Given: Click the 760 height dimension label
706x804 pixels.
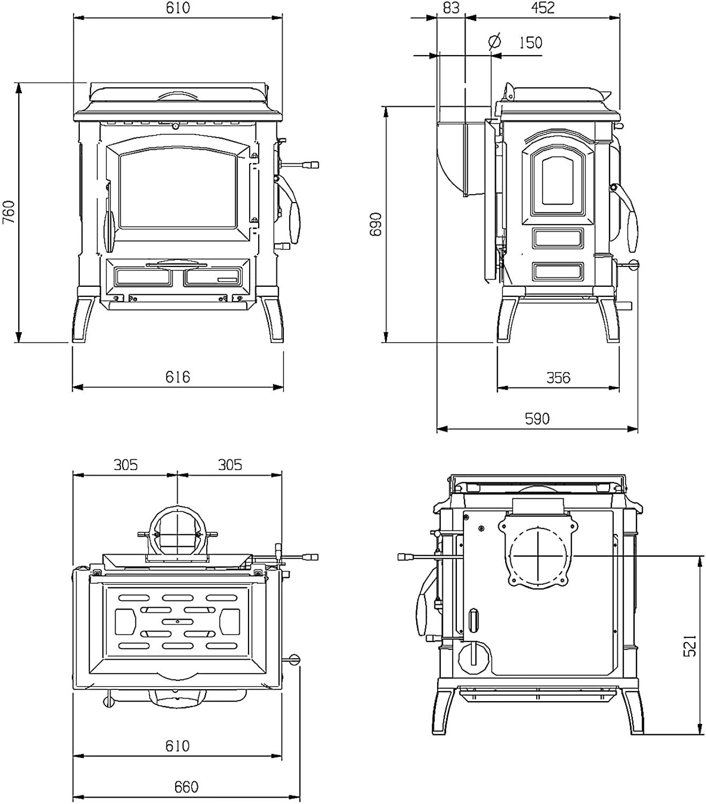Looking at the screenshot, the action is (x=9, y=212).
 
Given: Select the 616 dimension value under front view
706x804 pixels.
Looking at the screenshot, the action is (x=178, y=377).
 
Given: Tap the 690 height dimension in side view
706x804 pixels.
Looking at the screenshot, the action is (x=375, y=224).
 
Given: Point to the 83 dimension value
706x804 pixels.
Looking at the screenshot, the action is (x=451, y=8).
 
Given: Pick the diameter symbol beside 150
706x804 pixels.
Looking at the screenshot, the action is (x=494, y=41).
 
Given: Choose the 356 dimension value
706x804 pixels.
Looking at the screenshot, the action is (x=558, y=377).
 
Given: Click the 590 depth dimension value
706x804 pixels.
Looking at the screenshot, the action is (x=537, y=419).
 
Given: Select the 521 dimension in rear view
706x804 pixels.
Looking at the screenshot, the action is (x=690, y=646).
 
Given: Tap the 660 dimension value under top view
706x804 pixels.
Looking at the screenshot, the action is (x=186, y=786).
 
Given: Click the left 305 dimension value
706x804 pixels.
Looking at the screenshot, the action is (x=126, y=465).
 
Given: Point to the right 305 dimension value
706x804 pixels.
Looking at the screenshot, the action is (x=230, y=465).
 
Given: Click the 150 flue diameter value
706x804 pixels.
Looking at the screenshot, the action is (x=530, y=42).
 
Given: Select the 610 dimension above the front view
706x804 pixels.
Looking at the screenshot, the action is (x=178, y=8).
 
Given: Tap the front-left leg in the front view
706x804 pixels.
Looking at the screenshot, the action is (x=84, y=320).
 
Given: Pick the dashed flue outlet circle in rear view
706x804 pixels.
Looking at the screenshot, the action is (x=538, y=555).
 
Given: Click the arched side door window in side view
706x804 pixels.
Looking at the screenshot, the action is (x=557, y=181).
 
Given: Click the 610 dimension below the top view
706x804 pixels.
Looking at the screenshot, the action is (x=178, y=746).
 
